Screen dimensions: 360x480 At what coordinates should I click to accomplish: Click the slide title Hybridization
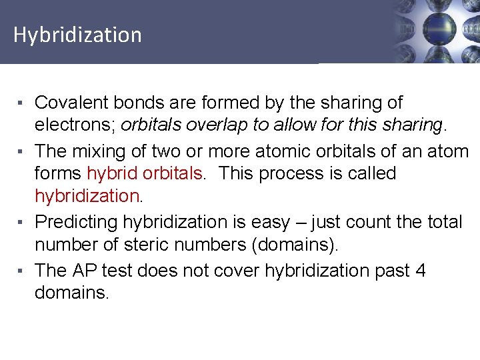(x=77, y=35)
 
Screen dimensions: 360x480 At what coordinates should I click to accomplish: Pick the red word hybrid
(x=108, y=173)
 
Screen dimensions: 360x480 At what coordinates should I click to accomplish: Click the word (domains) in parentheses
(x=295, y=245)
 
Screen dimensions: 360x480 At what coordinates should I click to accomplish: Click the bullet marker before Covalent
(x=22, y=103)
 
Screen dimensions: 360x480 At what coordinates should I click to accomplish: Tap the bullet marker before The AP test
(x=22, y=271)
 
